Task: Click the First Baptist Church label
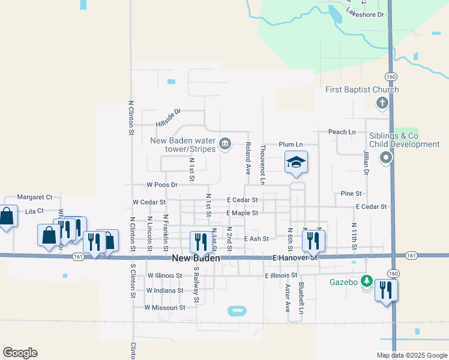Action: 362,90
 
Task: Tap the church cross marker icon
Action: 381,103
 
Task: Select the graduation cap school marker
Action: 295,162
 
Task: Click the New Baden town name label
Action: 196,259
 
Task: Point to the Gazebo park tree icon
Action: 367,282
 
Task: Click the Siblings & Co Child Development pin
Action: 386,158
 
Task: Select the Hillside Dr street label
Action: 168,118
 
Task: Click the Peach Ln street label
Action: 342,131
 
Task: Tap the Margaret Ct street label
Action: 35,197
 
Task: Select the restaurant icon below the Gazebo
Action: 387,291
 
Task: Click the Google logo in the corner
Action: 20,353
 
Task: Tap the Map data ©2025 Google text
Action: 412,355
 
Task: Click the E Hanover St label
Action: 294,257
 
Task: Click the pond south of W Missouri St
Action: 237,311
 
